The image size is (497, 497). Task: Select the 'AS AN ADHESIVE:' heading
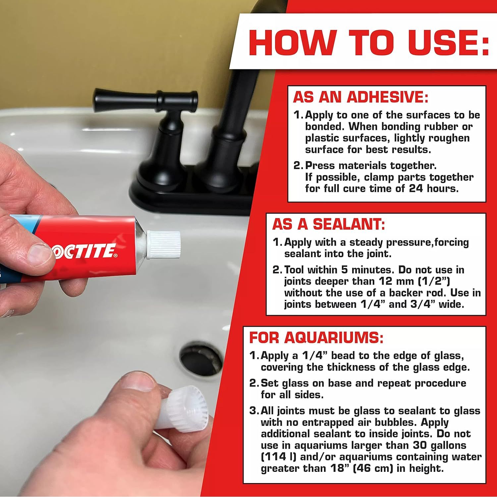coord(360,98)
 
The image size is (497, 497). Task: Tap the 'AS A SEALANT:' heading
coord(328,225)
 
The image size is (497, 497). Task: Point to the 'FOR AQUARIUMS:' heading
coord(316,338)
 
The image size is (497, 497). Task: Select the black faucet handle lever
coord(146,99)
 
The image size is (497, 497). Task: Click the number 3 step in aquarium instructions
coord(253,411)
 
